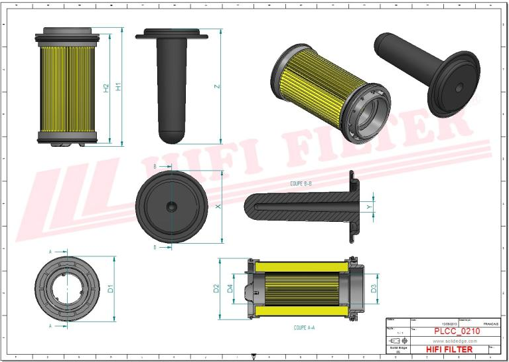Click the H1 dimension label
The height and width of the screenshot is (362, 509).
(117, 86)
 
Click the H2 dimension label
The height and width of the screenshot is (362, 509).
(106, 87)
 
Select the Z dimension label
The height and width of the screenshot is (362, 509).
(216, 86)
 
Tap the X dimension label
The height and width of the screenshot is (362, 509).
(217, 207)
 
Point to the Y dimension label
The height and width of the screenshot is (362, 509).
(369, 207)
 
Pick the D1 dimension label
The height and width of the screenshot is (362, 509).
(111, 288)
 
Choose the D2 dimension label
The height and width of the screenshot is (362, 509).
(216, 288)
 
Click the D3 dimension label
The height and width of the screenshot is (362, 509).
(374, 288)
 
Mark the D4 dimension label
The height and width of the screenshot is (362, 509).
(230, 288)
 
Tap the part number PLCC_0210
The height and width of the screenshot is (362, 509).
(457, 331)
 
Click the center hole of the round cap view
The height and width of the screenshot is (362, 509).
(171, 207)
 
